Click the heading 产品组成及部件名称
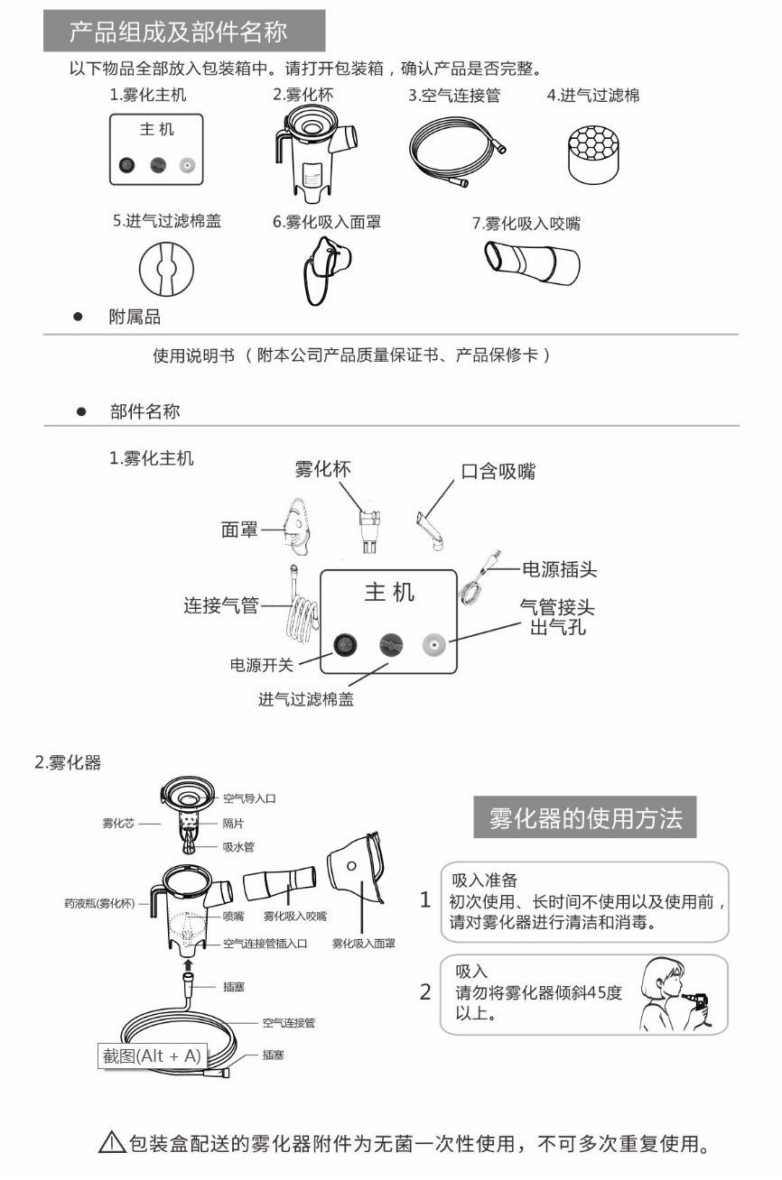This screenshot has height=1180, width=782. [x=179, y=33]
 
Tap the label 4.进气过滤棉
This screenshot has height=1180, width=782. [x=593, y=95]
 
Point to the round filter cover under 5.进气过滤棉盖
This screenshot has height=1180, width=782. [x=166, y=269]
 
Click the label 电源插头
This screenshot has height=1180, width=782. [x=560, y=569]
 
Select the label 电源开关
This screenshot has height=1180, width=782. [x=261, y=666]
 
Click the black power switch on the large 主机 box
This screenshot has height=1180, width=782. [x=345, y=643]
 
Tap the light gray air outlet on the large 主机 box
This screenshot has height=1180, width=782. [x=434, y=644]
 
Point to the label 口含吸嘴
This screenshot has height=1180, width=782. [x=498, y=471]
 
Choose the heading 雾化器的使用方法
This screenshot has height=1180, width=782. [x=586, y=819]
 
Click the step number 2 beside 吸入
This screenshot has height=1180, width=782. [x=425, y=991]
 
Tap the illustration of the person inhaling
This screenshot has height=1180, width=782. [x=675, y=995]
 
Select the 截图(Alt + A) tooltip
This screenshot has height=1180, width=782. [x=152, y=1056]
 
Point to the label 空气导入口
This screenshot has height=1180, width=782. [x=249, y=798]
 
